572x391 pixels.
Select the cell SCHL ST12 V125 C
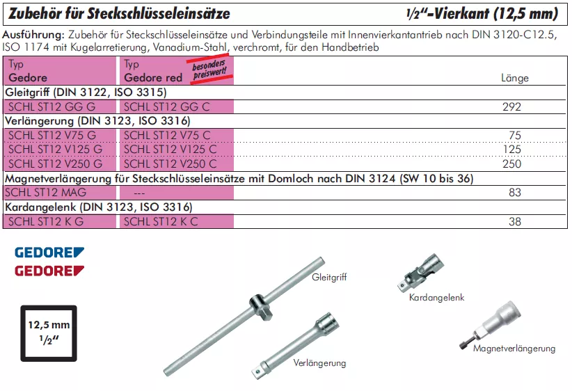(x=169, y=150)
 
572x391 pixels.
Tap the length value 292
(x=511, y=107)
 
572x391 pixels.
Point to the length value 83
(x=515, y=193)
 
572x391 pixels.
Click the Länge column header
(x=515, y=78)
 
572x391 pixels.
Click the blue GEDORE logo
(x=49, y=252)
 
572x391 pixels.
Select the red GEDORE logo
(x=49, y=270)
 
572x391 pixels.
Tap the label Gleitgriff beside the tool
(x=329, y=277)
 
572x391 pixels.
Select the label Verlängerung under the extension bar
(x=319, y=363)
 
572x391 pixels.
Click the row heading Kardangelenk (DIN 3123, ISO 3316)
(x=98, y=207)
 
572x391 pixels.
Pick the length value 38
(x=515, y=221)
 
